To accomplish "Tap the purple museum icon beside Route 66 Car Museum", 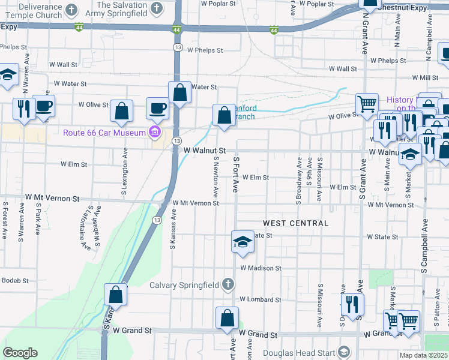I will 155,132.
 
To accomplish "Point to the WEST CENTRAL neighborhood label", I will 295,223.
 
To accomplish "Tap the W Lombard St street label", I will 260,299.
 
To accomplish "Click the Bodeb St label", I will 14,280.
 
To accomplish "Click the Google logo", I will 20,353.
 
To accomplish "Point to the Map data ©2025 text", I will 423,355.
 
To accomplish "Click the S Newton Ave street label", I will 215,176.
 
